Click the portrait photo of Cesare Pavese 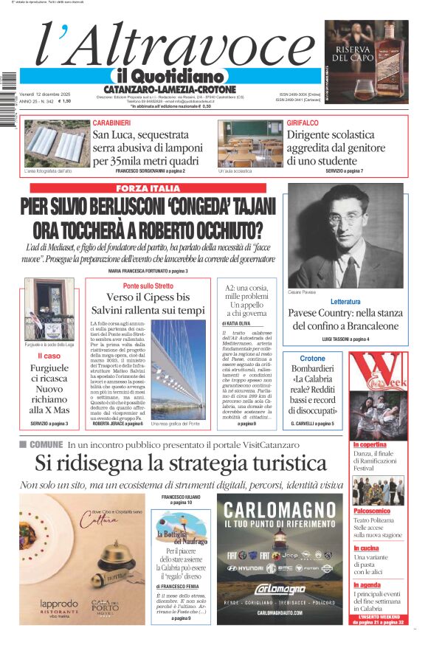click(347, 235)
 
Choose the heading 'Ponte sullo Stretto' click(148, 286)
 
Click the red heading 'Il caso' click(49, 356)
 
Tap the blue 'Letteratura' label click(345, 302)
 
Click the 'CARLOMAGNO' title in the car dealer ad click(280, 510)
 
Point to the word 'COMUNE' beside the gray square click(46, 444)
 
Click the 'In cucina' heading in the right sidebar click(367, 549)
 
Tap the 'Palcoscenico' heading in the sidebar click(372, 511)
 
